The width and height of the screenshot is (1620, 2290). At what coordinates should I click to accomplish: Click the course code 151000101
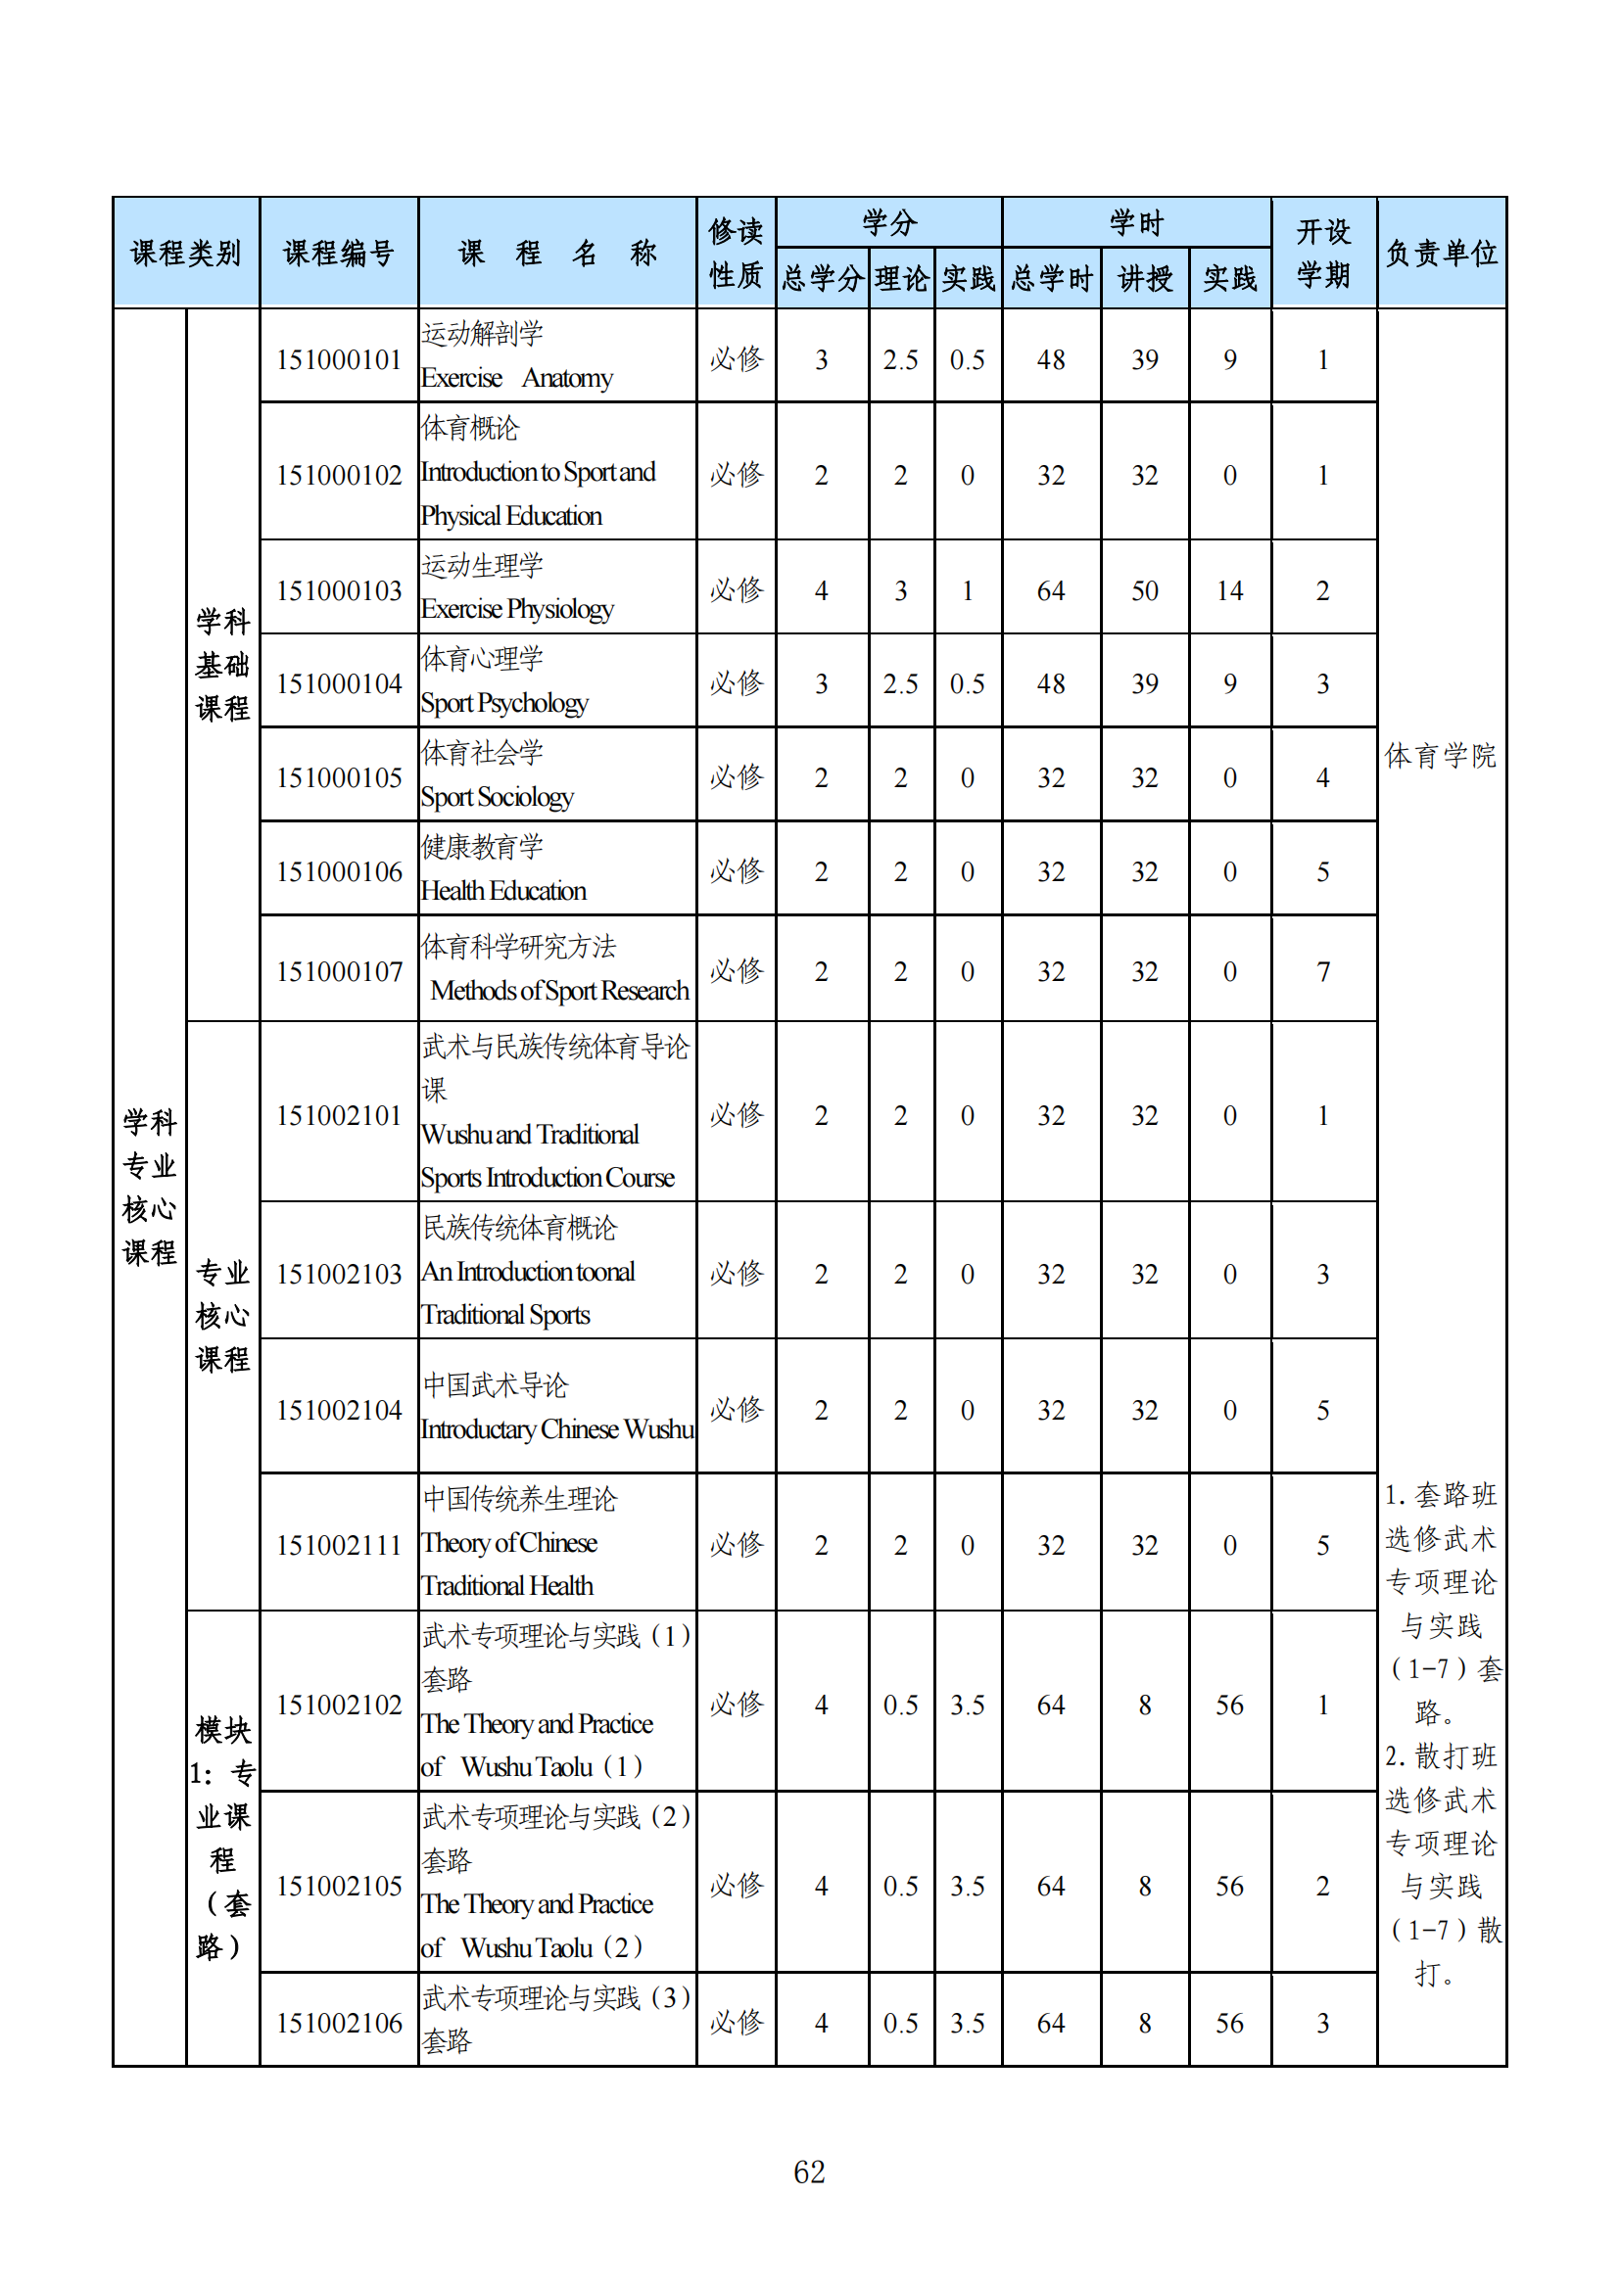point(338,360)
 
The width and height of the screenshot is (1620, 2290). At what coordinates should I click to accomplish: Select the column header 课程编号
point(338,254)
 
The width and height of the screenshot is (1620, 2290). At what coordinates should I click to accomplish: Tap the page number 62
point(809,2172)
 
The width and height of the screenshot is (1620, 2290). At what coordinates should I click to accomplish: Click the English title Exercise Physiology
point(517,609)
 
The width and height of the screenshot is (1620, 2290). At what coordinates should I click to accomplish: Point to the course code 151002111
point(338,1545)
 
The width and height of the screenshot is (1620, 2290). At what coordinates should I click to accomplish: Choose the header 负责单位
point(1441,254)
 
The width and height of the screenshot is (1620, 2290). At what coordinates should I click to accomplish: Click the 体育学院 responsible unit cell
point(1441,756)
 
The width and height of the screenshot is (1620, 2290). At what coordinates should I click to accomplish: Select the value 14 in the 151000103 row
point(1229,591)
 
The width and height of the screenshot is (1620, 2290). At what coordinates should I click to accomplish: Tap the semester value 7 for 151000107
point(1322,971)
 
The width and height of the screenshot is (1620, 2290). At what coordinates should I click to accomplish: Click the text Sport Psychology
point(503,704)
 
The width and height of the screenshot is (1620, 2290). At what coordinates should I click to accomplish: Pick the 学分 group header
point(888,222)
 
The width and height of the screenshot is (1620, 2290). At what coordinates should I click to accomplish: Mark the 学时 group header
point(1136,222)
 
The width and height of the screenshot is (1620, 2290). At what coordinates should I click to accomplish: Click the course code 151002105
point(338,1886)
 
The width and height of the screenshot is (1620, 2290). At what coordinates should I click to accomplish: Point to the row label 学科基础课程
point(222,664)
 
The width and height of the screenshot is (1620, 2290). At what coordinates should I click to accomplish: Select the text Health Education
point(502,892)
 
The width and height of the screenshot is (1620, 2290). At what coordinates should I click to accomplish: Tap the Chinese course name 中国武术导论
point(495,1385)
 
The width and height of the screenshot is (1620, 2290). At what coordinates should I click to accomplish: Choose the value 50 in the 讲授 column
point(1144,591)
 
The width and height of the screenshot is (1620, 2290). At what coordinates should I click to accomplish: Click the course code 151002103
point(338,1274)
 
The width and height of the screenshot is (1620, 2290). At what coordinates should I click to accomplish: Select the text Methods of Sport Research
point(558,992)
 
